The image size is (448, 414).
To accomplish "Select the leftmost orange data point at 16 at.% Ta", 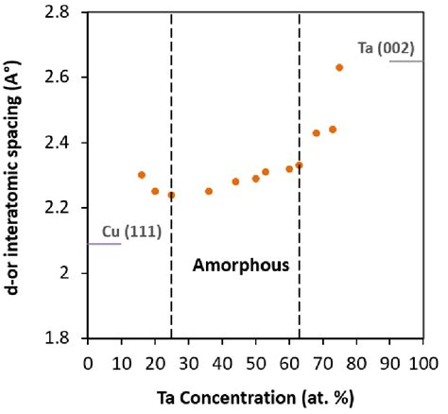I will point(142,175).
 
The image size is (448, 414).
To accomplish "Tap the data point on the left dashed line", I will point(171,195).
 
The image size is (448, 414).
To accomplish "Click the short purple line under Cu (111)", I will point(105,245).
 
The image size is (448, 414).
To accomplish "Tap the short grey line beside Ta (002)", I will point(406,61).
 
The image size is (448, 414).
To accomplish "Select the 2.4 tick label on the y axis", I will point(65,143).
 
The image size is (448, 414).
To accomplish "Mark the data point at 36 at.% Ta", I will point(209,191).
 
